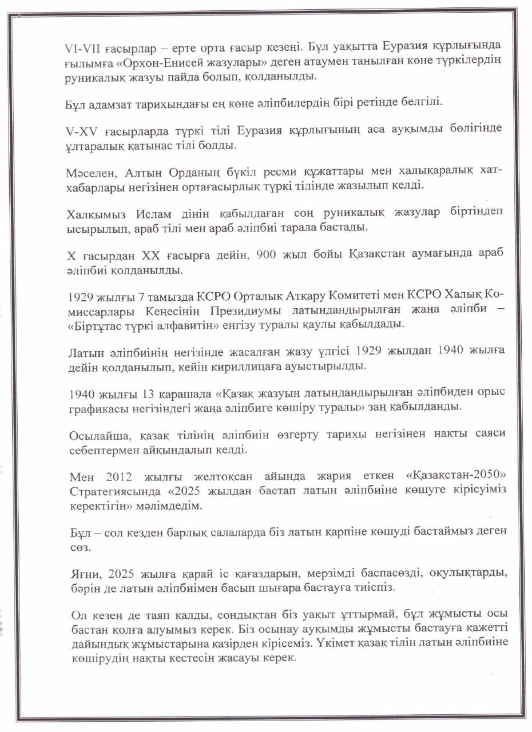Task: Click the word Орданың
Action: click(169, 172)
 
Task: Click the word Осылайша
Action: click(94, 435)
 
